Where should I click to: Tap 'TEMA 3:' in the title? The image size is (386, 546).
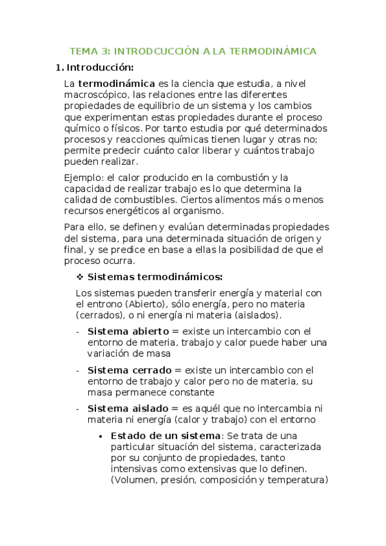tap(88, 51)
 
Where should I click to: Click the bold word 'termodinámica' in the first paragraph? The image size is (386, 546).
tap(117, 84)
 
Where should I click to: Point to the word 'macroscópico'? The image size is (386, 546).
tap(93, 95)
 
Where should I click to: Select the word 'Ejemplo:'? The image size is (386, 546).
tap(83, 177)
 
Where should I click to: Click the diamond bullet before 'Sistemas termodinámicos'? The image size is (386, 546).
tap(81, 278)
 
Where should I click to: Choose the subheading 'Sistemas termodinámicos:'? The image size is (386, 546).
tap(155, 278)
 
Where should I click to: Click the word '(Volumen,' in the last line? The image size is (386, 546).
tap(133, 480)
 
